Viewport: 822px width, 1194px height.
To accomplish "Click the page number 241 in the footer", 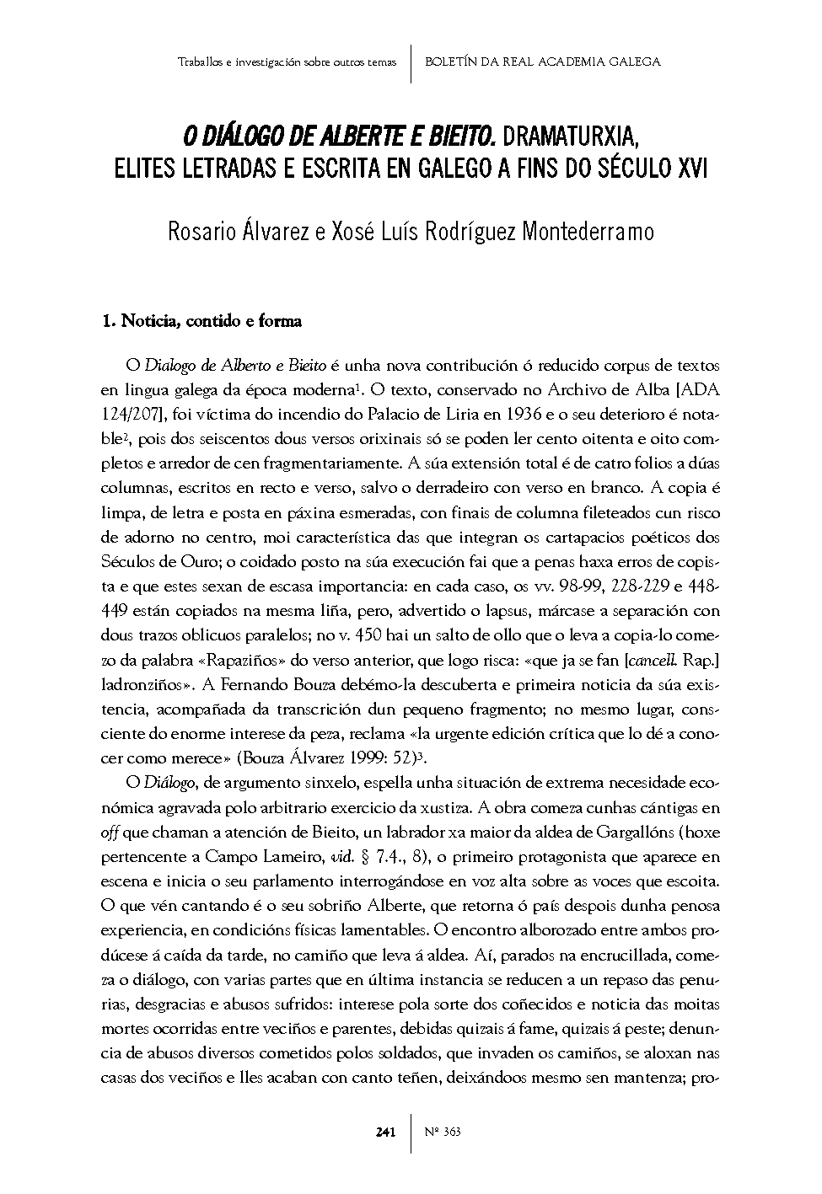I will tap(385, 1132).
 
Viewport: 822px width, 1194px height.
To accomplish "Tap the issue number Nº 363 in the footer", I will tap(443, 1132).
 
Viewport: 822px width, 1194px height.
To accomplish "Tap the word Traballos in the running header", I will tap(200, 62).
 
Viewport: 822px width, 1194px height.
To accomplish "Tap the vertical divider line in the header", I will tap(410, 62).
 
